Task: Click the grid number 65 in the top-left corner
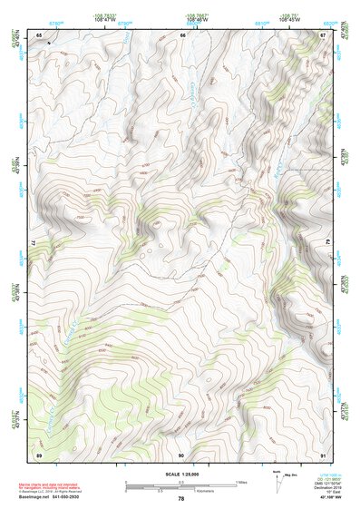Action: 39,35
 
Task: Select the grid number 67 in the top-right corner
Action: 322,35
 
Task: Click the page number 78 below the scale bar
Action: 180,498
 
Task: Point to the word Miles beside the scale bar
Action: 239,482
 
